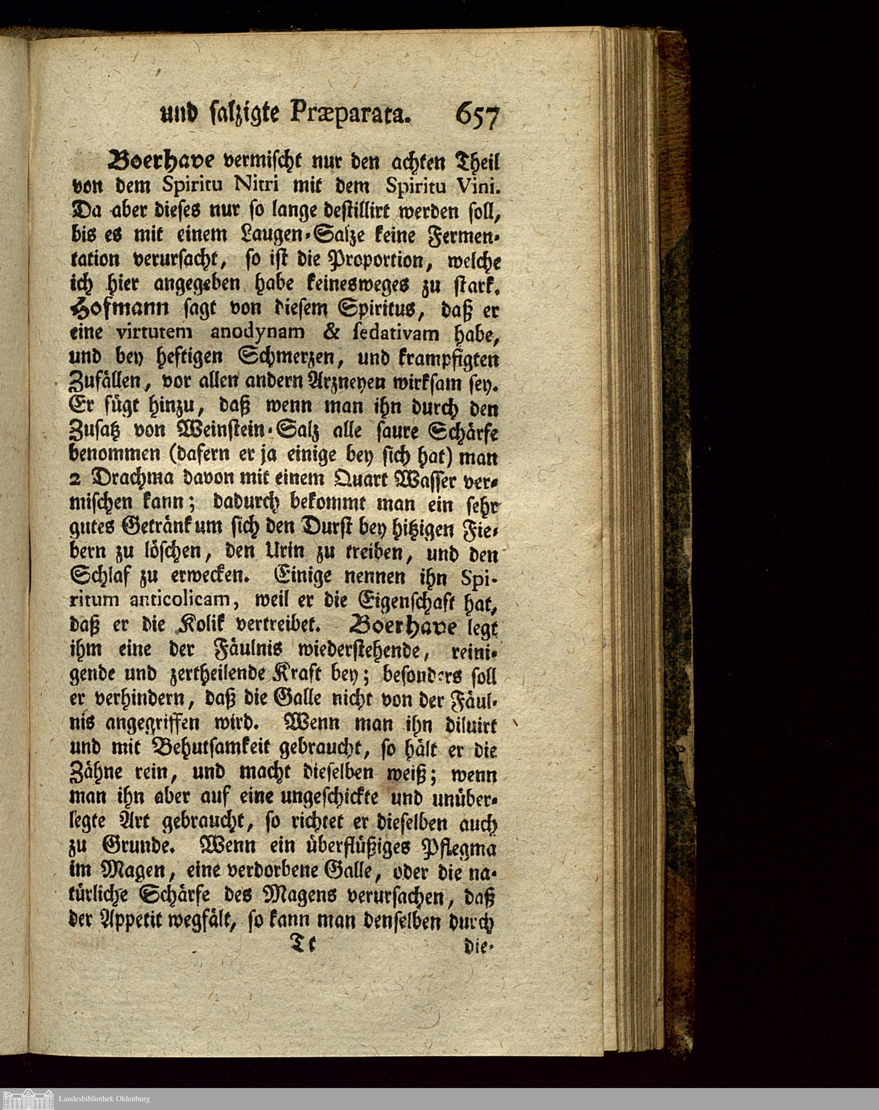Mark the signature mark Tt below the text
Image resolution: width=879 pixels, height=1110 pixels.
[304, 944]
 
